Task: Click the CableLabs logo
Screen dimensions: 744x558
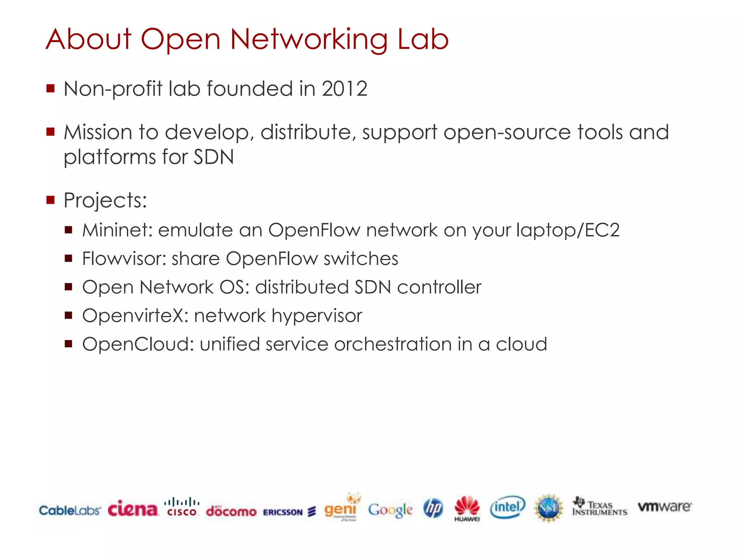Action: point(70,510)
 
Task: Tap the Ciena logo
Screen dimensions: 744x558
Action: point(133,509)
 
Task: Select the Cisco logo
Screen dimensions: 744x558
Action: point(182,507)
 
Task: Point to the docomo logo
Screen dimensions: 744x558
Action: point(231,511)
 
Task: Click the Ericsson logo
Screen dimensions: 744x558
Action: point(289,512)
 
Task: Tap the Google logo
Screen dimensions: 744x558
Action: point(390,510)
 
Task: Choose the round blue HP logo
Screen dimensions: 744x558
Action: point(433,508)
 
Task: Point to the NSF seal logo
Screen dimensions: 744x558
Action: point(549,508)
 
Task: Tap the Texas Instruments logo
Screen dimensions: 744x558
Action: point(599,507)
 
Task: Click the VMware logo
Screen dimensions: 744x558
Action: point(665,506)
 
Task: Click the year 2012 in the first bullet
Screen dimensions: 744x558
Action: point(344,89)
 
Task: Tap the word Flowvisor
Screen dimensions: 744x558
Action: point(124,259)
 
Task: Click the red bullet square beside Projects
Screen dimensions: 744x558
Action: point(50,200)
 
